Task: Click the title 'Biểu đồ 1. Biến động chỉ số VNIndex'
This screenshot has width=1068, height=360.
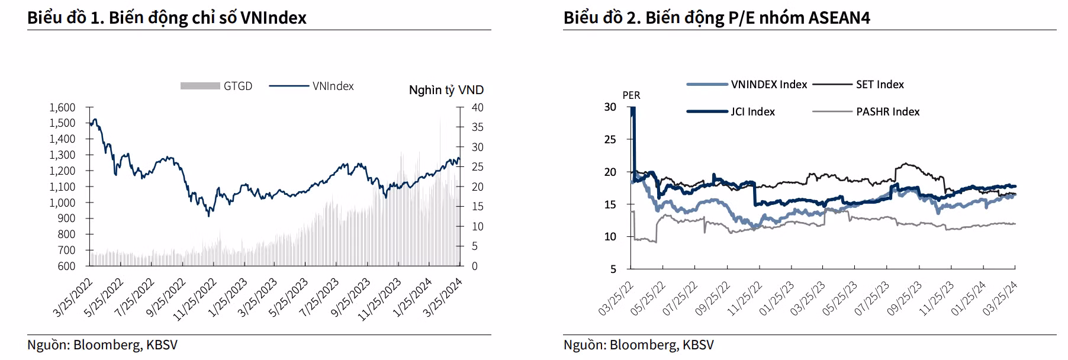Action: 167,18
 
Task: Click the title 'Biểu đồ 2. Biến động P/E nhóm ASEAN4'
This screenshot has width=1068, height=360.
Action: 716,18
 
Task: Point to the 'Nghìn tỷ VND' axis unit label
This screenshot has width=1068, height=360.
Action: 446,90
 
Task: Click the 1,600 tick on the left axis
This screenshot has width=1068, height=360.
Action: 62,108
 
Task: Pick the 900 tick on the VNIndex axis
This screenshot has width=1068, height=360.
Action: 66,218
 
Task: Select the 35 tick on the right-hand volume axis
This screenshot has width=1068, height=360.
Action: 477,127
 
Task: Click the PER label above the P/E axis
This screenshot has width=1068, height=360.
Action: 631,95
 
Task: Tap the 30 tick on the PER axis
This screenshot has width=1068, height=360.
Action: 610,107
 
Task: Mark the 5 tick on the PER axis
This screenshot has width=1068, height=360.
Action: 613,269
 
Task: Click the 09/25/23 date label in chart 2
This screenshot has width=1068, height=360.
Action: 905,298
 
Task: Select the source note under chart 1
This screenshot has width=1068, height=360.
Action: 102,345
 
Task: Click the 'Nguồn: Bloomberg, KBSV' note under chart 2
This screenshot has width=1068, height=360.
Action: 639,345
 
